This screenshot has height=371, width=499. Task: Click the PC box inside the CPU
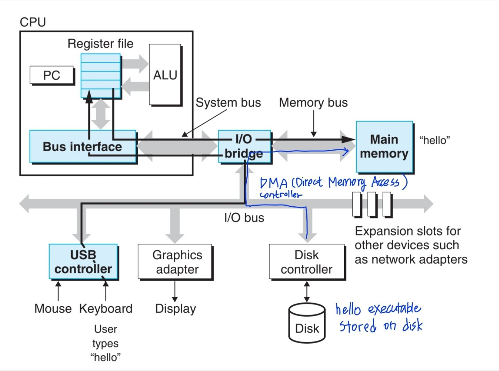pyautogui.click(x=51, y=75)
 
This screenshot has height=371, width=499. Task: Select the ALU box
pyautogui.click(x=165, y=75)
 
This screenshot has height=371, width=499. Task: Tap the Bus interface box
pyautogui.click(x=82, y=146)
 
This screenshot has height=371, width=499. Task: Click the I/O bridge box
pyautogui.click(x=244, y=146)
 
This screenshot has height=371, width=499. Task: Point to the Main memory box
pyautogui.click(x=384, y=146)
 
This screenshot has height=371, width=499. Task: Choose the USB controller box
pyautogui.click(x=83, y=262)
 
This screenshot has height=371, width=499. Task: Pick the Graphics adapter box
pyautogui.click(x=175, y=262)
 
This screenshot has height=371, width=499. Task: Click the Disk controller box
pyautogui.click(x=307, y=262)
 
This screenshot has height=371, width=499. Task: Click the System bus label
pyautogui.click(x=228, y=102)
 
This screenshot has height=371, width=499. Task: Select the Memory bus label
pyautogui.click(x=313, y=102)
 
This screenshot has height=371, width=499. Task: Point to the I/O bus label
pyautogui.click(x=244, y=217)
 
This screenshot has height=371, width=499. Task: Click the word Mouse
pyautogui.click(x=53, y=308)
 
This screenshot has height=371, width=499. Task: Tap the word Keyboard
pyautogui.click(x=106, y=308)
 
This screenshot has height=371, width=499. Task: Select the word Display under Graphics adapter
pyautogui.click(x=175, y=308)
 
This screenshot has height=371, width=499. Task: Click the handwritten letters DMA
pyautogui.click(x=274, y=183)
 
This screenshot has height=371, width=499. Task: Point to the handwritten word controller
pyautogui.click(x=280, y=195)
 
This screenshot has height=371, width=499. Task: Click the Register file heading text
pyautogui.click(x=100, y=44)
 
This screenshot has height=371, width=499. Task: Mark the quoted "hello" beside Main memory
pyautogui.click(x=435, y=140)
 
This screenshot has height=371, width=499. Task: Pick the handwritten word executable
pyautogui.click(x=394, y=309)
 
